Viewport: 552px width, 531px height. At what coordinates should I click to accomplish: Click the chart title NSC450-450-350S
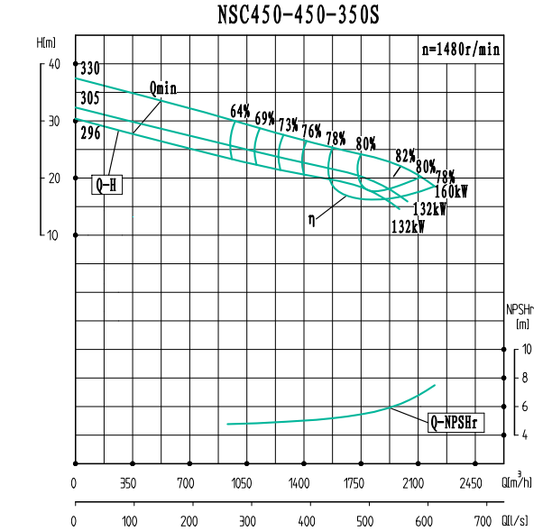pos(292,15)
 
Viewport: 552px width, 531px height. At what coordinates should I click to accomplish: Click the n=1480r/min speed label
pos(461,50)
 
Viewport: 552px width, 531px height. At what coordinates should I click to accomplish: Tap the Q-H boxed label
pos(106,186)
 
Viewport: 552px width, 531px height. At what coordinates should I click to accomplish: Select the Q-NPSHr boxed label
pos(464,421)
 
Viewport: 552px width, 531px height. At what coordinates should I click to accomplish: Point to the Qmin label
pos(163,88)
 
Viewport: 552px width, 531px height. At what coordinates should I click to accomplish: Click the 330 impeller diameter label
pos(89,69)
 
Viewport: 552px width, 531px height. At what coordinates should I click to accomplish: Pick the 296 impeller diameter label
pos(89,133)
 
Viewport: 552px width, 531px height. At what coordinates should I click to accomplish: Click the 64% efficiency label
pos(240,111)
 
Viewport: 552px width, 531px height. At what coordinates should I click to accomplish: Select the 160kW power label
pos(452,191)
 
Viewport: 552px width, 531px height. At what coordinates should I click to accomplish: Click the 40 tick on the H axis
pos(53,64)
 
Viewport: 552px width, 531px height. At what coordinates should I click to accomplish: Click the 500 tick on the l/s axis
pos(365,521)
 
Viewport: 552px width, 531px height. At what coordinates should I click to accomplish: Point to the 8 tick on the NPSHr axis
pos(527,379)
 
